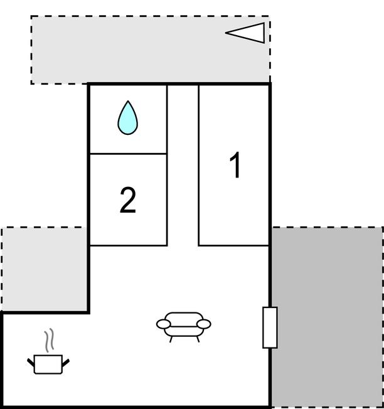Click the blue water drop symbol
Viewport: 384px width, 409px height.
[x=127, y=119]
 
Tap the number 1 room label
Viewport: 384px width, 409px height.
[x=235, y=165]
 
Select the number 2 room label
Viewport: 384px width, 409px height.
[x=128, y=200]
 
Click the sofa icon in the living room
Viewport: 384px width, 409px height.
[x=183, y=326]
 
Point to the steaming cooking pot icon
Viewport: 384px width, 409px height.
[x=48, y=352]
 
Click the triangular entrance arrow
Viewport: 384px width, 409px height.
[x=245, y=33]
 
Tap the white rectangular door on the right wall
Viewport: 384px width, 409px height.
[x=270, y=327]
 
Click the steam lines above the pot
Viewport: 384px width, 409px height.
[x=49, y=340]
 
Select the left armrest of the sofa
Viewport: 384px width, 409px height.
[x=163, y=324]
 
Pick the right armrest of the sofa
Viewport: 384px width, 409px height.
[x=204, y=324]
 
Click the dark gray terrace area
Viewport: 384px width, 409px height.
[x=327, y=316]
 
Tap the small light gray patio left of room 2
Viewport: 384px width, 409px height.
[x=45, y=269]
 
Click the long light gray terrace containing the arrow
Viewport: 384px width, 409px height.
[x=150, y=50]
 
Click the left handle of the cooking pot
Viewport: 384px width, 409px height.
[x=31, y=363]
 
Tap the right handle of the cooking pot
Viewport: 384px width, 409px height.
[x=66, y=363]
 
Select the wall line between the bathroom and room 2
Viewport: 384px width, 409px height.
[x=128, y=154]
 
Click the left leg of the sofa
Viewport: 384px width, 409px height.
[x=171, y=339]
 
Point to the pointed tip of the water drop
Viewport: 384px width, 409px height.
[x=128, y=101]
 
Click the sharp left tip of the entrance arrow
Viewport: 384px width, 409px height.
[x=226, y=33]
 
